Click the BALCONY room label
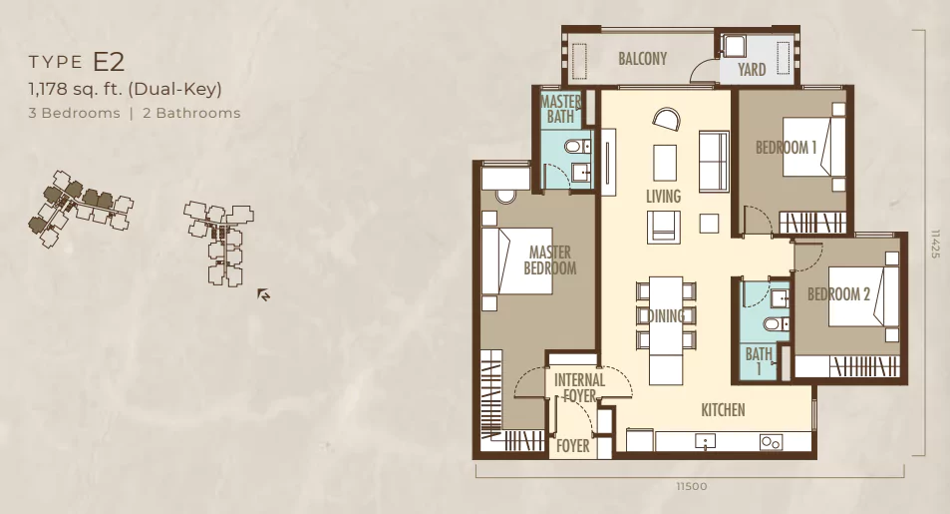coord(642,58)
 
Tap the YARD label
coord(752,69)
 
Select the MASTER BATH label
coord(560,109)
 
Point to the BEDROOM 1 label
coord(786,148)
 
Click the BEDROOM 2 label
coord(838,294)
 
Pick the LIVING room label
coord(663,196)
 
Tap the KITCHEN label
coord(723,410)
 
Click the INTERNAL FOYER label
coord(579,388)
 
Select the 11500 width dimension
coord(691,486)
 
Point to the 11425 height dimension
coord(935,244)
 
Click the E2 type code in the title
coord(109,62)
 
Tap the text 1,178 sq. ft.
coord(75,89)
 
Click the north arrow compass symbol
coord(263,295)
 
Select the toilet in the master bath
coord(577,147)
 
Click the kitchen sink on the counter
coord(705,441)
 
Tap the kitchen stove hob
coord(770,443)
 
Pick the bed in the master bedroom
coord(516,260)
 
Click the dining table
coord(666,330)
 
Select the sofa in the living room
coord(714,162)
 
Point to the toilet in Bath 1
coord(776,324)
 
